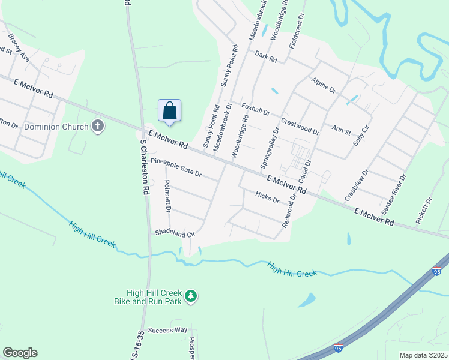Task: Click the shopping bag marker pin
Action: point(170,111)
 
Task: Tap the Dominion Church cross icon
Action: point(98,126)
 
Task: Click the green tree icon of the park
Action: point(191,296)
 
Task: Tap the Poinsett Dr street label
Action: point(168,196)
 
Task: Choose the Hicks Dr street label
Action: point(267,196)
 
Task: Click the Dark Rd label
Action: point(265,58)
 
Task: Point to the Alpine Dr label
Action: point(324,84)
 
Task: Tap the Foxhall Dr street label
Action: point(256,109)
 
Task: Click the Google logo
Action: point(20,353)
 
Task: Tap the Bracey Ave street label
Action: point(19,46)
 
